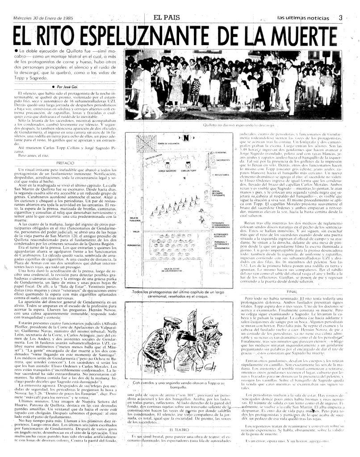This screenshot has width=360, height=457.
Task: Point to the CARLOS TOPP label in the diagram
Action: [188, 171]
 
